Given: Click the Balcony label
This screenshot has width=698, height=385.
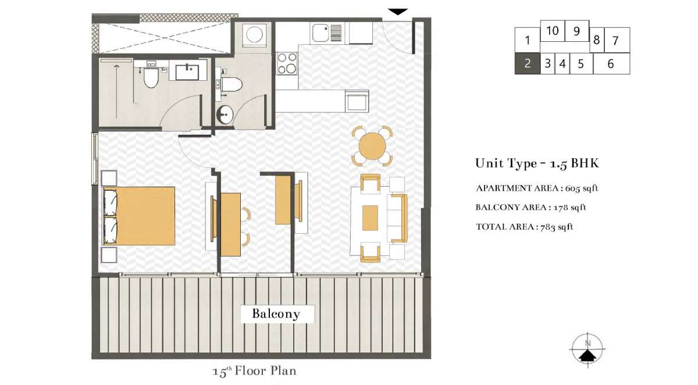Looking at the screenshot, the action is pyautogui.click(x=276, y=314).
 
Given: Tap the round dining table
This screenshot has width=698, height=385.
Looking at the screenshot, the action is pyautogui.click(x=372, y=146).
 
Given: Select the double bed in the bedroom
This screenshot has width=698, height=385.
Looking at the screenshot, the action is pyautogui.click(x=139, y=216).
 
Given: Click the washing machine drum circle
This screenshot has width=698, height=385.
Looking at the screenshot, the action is pyautogui.click(x=254, y=34).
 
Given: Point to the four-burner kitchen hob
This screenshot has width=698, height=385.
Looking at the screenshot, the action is pyautogui.click(x=287, y=63).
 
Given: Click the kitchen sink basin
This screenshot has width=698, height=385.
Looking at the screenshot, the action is pyautogui.click(x=320, y=33).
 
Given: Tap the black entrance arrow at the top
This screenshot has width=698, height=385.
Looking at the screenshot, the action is pyautogui.click(x=398, y=12).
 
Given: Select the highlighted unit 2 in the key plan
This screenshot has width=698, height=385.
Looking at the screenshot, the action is pyautogui.click(x=527, y=63).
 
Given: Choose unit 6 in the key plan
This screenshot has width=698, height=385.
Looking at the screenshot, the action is pyautogui.click(x=611, y=63).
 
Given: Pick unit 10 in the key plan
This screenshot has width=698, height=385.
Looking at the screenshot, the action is pyautogui.click(x=552, y=31).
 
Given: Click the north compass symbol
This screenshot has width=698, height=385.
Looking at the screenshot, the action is pyautogui.click(x=587, y=349).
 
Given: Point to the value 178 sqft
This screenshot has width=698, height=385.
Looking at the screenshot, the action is pyautogui.click(x=570, y=208).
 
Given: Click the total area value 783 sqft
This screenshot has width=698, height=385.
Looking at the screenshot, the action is pyautogui.click(x=557, y=227).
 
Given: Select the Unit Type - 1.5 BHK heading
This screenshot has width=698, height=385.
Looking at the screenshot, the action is pyautogui.click(x=537, y=163).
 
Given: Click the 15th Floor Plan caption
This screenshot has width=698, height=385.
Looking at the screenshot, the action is pyautogui.click(x=254, y=371).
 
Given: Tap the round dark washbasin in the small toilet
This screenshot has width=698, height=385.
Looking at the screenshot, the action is pyautogui.click(x=225, y=115).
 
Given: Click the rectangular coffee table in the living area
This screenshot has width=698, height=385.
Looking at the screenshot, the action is pyautogui.click(x=370, y=218).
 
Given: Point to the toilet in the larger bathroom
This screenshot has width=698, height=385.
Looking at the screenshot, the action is pyautogui.click(x=151, y=76).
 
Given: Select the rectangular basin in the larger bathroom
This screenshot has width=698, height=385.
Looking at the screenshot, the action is pyautogui.click(x=187, y=72).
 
